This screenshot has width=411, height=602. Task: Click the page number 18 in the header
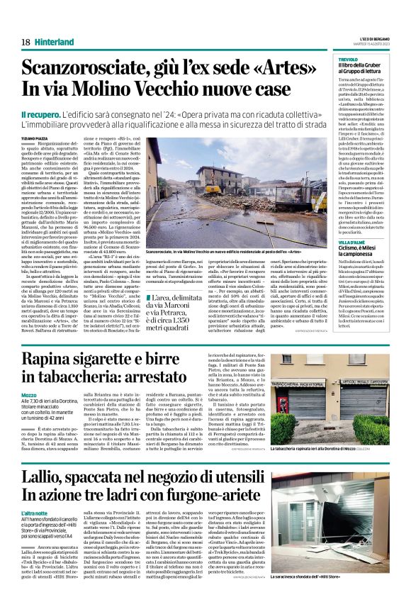coord(26,42)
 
